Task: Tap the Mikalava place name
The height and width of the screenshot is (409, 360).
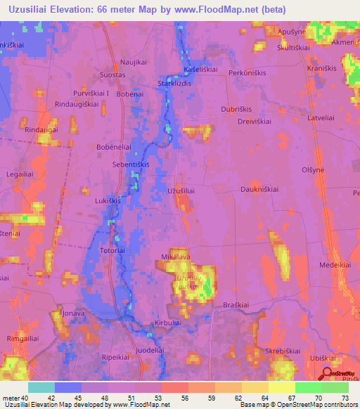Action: (x=176, y=258)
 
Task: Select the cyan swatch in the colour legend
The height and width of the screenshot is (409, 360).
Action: (x=41, y=387)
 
